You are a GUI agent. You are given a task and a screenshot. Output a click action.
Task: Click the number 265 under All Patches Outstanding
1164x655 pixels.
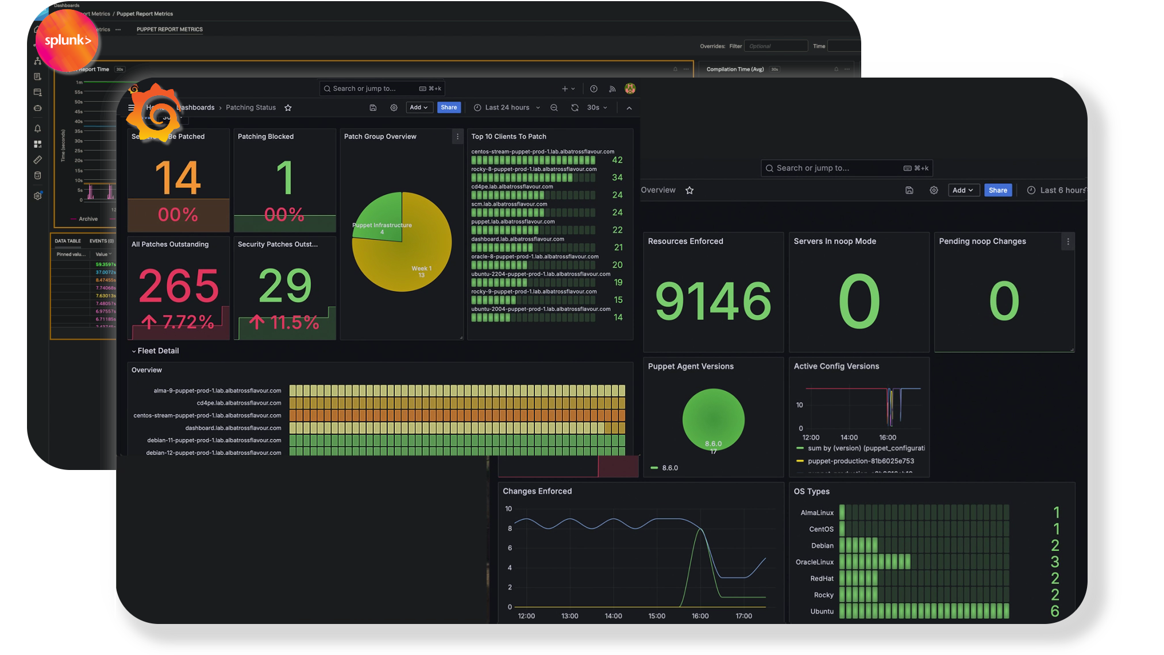[x=179, y=286]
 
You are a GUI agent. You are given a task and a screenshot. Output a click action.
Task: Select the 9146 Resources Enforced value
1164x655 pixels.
[x=713, y=300]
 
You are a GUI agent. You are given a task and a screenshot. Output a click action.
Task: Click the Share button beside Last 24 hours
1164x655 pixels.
[x=449, y=107]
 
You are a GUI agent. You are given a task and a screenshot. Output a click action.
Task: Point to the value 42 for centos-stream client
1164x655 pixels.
[x=617, y=160]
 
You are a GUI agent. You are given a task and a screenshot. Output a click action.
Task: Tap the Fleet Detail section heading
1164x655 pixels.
[x=158, y=351]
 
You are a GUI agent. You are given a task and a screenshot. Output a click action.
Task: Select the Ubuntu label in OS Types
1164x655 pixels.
[x=822, y=611]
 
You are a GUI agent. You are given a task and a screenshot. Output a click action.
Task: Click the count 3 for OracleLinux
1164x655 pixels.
[x=1055, y=562]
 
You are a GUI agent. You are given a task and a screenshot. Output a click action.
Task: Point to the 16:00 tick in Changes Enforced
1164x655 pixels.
[x=700, y=616]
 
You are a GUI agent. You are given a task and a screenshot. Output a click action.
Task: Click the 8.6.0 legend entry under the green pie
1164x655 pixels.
[x=669, y=468]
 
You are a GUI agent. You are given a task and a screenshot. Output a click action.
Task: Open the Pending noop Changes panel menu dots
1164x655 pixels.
[x=1068, y=242]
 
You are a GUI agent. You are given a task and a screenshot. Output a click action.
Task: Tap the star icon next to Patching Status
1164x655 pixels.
[x=288, y=108]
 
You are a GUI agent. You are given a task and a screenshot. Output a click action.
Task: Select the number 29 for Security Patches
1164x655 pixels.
[x=285, y=286]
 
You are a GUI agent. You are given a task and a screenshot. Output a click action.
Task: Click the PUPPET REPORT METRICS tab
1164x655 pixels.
[x=169, y=29]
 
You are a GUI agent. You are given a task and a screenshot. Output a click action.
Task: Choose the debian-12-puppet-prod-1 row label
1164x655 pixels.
[x=214, y=453]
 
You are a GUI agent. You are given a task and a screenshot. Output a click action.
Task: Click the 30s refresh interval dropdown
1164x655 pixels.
[x=596, y=107]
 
